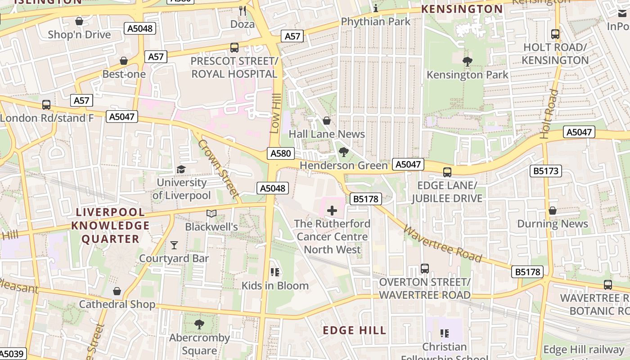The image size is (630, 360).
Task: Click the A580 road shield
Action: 280,153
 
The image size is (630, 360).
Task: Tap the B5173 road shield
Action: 545,171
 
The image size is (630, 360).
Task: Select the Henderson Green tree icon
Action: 343,153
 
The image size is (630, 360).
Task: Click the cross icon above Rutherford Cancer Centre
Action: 332,210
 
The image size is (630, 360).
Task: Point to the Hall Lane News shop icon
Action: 327,121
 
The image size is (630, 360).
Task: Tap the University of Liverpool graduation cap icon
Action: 181,170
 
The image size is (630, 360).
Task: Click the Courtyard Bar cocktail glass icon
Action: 174,245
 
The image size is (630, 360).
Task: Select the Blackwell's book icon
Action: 211,214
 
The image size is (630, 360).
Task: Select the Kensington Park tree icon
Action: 468,62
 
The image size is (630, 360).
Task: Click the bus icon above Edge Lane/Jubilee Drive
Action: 447,172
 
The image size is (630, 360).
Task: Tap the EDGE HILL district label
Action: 355,330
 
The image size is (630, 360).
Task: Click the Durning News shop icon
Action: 553,211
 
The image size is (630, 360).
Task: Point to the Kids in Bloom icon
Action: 275,272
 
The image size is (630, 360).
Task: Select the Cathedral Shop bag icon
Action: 117,291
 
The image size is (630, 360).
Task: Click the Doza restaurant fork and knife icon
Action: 242,10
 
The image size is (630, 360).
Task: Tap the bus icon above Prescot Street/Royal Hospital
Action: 234,47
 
